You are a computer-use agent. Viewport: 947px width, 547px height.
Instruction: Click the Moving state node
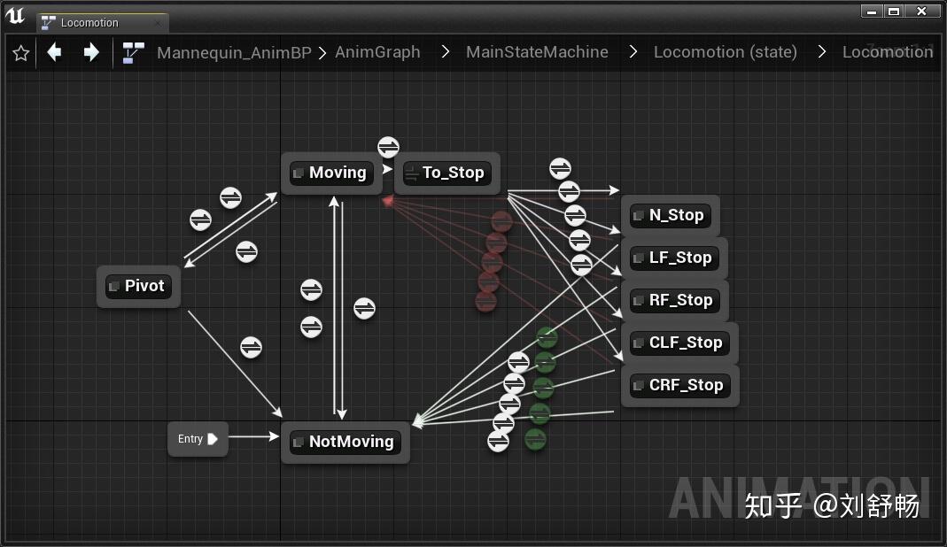(332, 173)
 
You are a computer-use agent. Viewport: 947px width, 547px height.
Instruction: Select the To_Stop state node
(447, 173)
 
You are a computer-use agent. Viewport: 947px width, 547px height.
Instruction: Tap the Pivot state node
(138, 286)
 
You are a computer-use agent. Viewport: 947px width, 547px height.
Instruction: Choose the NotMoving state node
(345, 442)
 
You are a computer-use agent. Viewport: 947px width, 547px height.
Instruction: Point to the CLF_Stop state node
(679, 343)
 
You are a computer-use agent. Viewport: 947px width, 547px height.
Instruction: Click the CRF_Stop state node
(679, 385)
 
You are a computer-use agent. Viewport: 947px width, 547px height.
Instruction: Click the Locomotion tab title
(89, 23)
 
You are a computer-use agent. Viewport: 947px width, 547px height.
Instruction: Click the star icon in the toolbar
(21, 53)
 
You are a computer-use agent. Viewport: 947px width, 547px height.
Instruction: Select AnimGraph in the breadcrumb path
(377, 52)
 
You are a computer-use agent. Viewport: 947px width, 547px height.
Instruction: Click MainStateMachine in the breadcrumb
(537, 52)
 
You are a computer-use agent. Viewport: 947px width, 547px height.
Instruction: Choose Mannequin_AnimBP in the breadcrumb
(234, 52)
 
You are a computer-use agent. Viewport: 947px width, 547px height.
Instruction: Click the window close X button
(922, 11)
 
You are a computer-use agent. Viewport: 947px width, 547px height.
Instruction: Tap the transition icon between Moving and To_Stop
(388, 147)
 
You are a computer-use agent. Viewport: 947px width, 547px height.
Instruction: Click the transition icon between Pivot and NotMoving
(252, 347)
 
